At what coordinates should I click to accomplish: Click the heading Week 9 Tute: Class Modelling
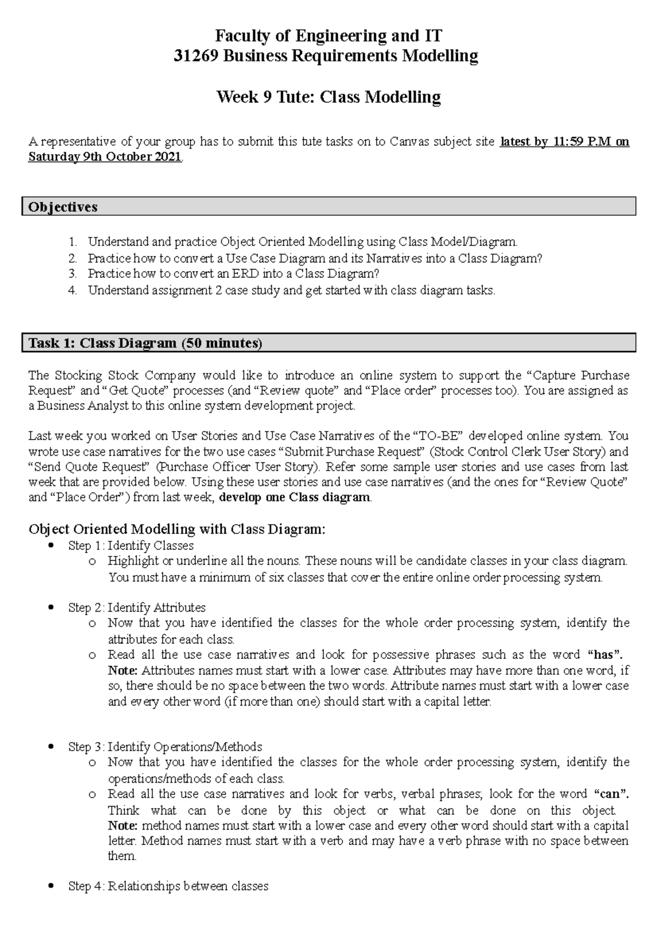328,97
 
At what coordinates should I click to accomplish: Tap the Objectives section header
63,207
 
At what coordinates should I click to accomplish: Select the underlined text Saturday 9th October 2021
105,157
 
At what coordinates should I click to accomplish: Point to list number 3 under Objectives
72,274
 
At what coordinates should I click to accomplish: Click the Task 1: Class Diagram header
145,343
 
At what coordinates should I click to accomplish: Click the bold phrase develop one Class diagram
295,498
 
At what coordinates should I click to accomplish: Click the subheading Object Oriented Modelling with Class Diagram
176,530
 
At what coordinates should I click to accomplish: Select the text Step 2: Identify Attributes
137,607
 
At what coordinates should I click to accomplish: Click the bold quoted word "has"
604,655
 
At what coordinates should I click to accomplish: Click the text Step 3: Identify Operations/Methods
165,747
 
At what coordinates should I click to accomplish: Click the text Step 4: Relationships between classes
168,886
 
